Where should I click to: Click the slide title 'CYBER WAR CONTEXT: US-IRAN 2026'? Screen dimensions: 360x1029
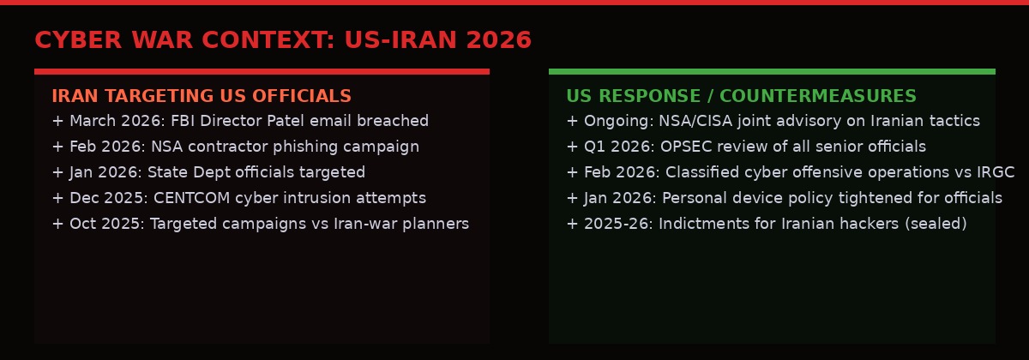tap(283, 40)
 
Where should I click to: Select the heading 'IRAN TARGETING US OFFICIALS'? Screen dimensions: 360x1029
tap(202, 96)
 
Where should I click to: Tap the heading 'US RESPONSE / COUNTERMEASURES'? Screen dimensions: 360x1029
tap(741, 96)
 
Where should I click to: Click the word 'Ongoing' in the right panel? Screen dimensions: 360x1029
tap(615, 122)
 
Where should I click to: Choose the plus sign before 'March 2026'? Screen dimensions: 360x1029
tap(57, 122)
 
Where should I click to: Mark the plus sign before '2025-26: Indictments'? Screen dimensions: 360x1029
tap(572, 225)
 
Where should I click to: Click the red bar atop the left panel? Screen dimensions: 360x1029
tap(262, 71)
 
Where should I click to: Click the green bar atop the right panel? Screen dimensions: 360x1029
tap(772, 71)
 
